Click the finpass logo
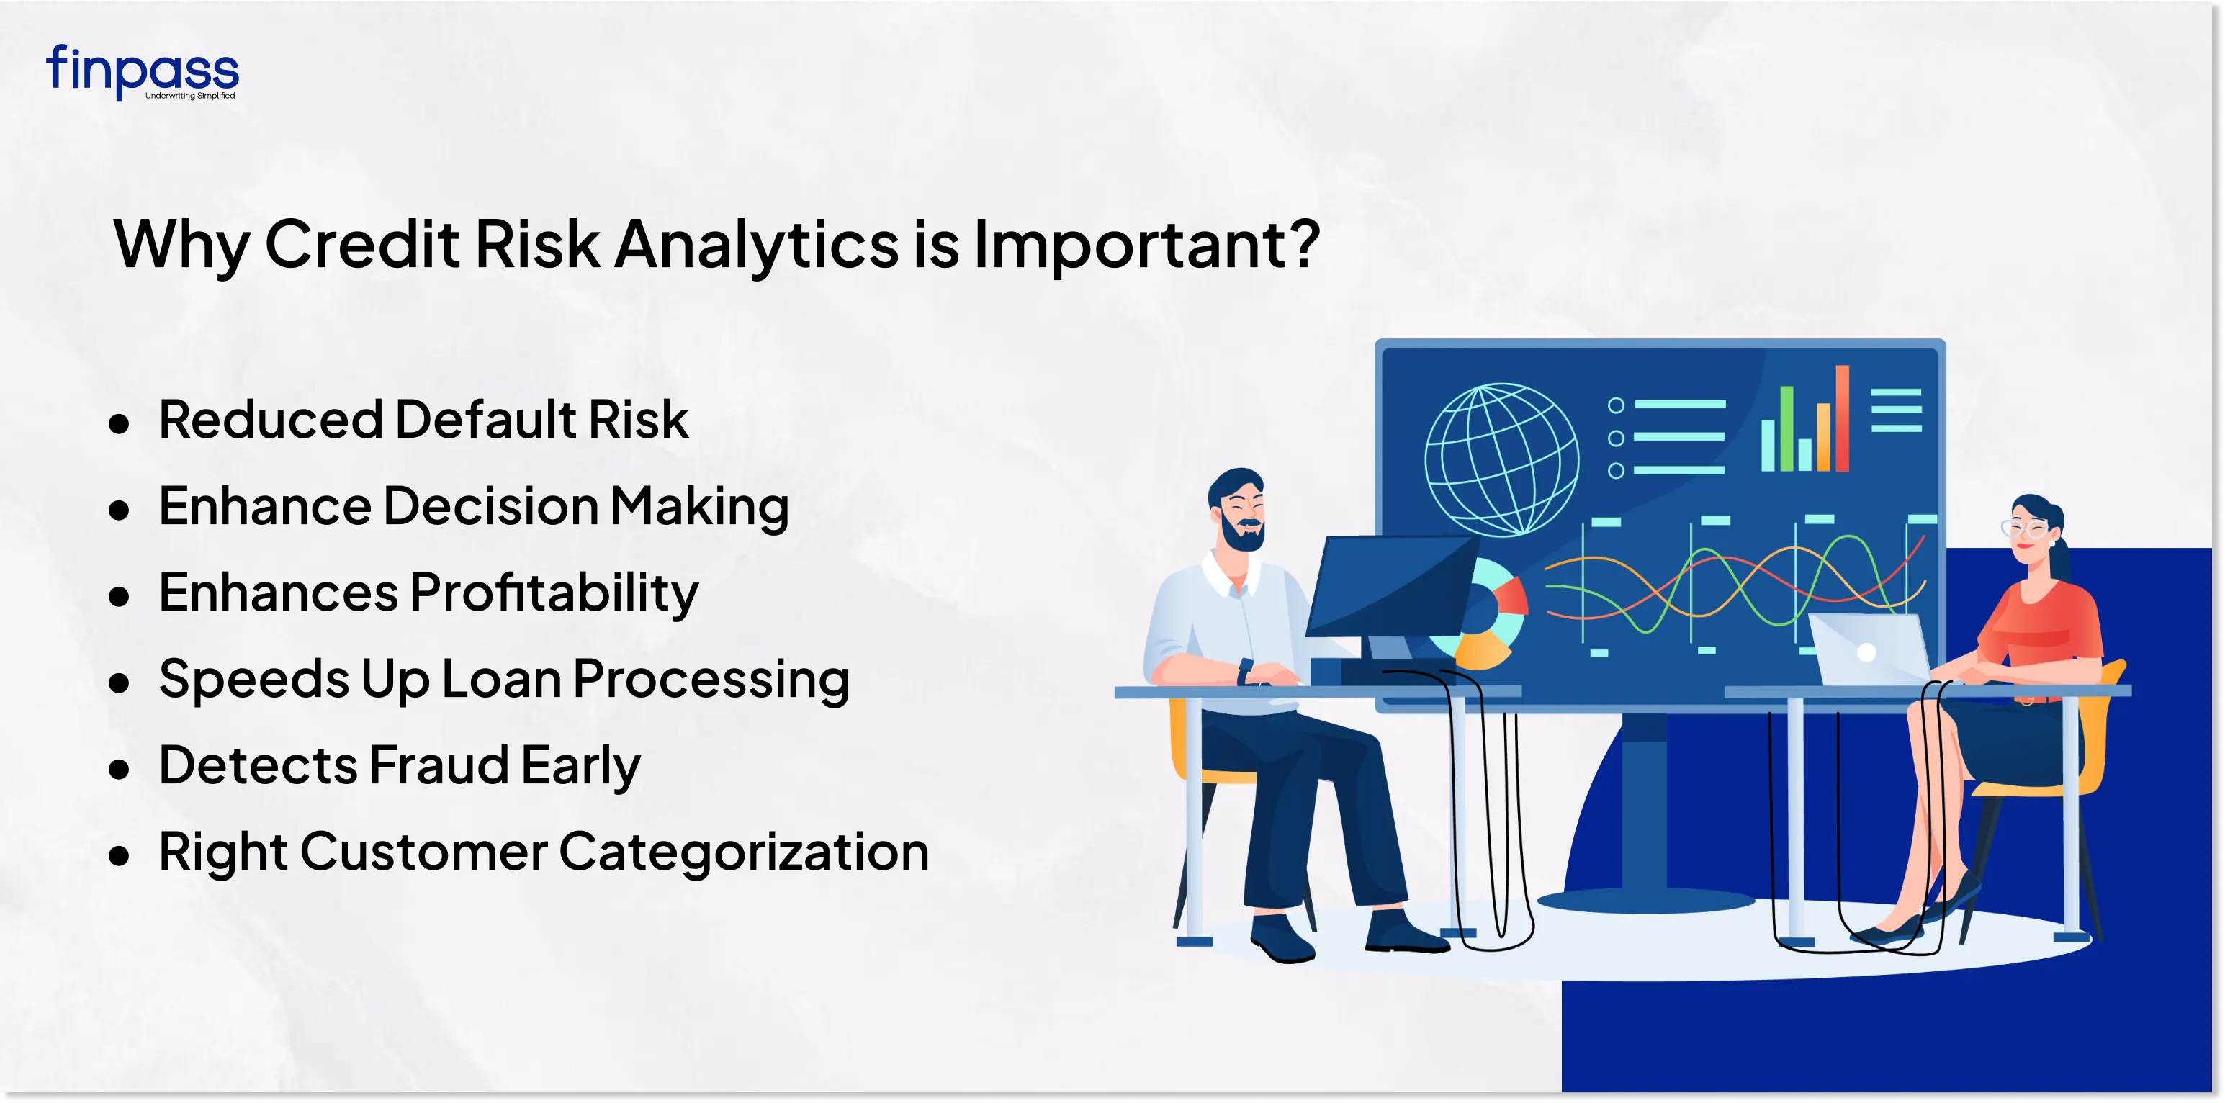143,72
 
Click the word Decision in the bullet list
490,506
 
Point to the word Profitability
554,594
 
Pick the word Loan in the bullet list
501,679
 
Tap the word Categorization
744,852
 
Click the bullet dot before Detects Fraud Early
120,769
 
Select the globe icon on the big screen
1501,459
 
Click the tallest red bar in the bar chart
1843,418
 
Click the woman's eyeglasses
2024,528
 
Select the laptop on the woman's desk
1866,649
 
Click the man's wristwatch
1246,670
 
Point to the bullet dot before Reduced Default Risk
120,423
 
